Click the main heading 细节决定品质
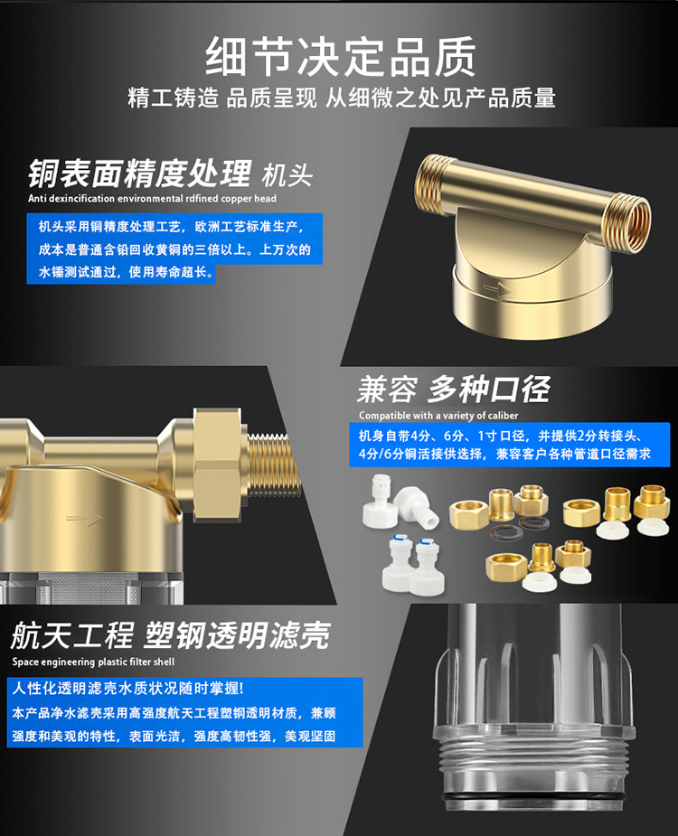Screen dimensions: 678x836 coord(340,57)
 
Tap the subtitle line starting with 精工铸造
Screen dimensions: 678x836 coord(342,99)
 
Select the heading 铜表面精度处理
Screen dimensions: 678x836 coord(139,174)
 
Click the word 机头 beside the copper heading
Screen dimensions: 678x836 coord(287,175)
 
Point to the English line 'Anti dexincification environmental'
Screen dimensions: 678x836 coord(152,198)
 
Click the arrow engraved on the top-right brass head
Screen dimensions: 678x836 coord(496,290)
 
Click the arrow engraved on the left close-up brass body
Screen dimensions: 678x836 coord(84,518)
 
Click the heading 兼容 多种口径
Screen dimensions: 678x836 coord(454,390)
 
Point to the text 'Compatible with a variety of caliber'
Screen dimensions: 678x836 coord(438,416)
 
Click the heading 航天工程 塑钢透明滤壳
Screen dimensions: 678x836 coord(171,635)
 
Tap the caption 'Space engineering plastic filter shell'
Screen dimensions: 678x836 coord(93,662)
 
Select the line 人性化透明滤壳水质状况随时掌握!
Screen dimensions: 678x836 coord(128,688)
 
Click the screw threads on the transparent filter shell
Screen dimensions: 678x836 coord(533,758)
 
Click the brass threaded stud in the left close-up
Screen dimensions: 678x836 coord(273,464)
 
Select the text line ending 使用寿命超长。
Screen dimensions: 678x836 coord(127,272)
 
